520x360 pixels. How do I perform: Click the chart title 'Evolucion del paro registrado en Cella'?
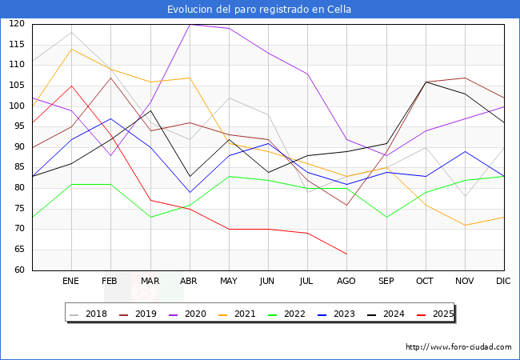coord(259,10)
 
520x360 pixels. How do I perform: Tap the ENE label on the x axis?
coord(71,282)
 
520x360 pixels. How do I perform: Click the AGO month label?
coord(346,282)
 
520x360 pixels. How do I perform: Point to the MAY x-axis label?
coord(229,282)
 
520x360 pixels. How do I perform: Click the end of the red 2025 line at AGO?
coord(346,254)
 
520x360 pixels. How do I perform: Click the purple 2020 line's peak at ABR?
coord(190,24)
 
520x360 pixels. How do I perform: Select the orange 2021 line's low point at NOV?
coord(465,225)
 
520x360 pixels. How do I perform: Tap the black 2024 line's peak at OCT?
coord(426,82)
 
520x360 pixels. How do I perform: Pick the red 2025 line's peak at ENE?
coord(71,86)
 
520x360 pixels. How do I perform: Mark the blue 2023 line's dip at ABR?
coord(190,192)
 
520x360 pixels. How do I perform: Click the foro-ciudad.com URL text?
coord(458,347)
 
